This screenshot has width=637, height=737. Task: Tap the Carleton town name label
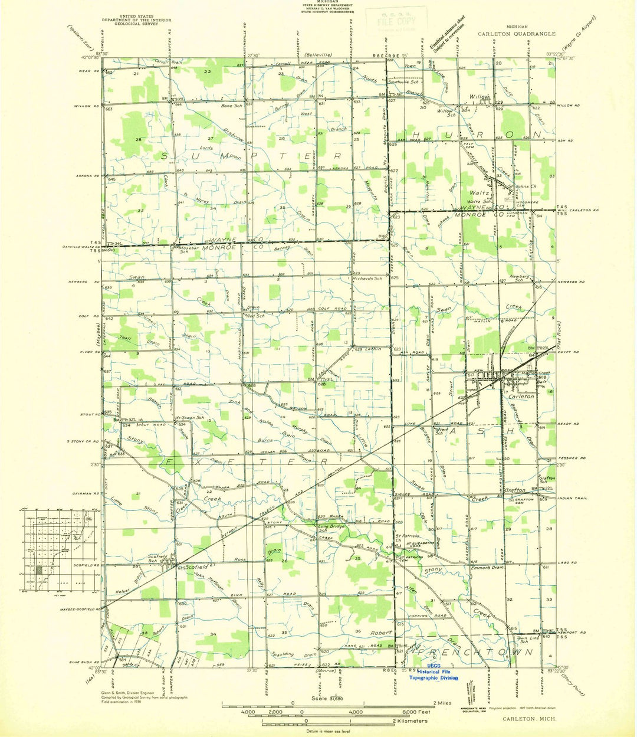click(x=521, y=397)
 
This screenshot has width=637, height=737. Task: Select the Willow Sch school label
click(x=445, y=111)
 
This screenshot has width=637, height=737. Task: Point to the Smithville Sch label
click(x=403, y=82)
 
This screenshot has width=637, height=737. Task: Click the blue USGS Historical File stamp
click(x=434, y=673)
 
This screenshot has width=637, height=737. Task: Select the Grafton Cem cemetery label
click(x=524, y=499)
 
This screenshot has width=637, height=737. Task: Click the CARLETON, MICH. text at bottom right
click(x=525, y=718)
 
